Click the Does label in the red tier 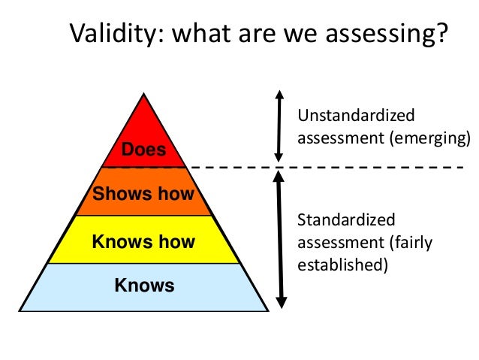pyautogui.click(x=143, y=151)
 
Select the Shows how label pyautogui.click(x=143, y=194)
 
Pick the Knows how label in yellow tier pyautogui.click(x=143, y=241)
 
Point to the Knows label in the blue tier pyautogui.click(x=143, y=286)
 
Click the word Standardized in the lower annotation pyautogui.click(x=346, y=219)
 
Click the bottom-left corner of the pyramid pyautogui.click(x=20, y=310)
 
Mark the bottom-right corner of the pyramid pyautogui.click(x=267, y=310)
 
